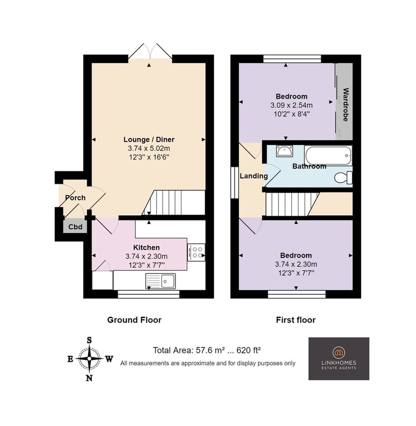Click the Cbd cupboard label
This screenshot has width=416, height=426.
coord(75,227)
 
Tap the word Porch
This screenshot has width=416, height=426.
coord(75,198)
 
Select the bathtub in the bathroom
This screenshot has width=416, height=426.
coord(328,155)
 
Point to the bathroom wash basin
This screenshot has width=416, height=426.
coord(284,151)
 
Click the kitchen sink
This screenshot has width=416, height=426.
coord(160,281)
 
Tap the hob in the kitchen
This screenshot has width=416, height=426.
coord(196,252)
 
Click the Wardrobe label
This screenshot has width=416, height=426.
coord(346,104)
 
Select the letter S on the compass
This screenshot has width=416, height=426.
coord(89,340)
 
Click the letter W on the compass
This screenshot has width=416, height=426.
coord(109,359)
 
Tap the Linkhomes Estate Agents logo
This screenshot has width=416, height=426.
coord(339,358)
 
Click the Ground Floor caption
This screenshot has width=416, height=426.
coord(134,320)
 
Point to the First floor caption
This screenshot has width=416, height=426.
coord(296,320)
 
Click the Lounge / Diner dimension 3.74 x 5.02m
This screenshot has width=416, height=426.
coord(149,148)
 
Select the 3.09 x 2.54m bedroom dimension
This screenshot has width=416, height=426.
coord(291,105)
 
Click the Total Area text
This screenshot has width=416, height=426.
coord(207,350)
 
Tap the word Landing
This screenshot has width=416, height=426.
coord(253,176)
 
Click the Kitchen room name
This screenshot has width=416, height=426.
coord(146,248)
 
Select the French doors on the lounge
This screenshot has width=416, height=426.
coord(150,51)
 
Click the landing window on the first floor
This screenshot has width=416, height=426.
coord(235,183)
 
